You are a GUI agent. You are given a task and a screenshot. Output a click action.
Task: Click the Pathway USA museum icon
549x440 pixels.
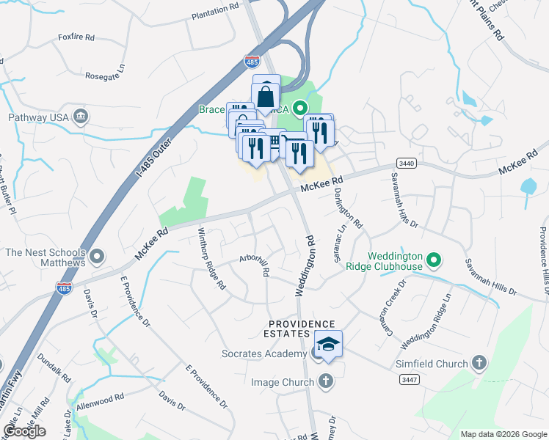81,117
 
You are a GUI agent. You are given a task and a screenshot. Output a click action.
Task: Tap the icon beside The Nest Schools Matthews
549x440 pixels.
97,258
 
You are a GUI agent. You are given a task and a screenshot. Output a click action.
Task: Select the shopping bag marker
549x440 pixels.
266,95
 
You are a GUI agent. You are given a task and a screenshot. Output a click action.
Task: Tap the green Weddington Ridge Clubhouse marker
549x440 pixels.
434,260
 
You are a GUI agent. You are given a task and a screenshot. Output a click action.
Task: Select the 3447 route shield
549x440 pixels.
410,379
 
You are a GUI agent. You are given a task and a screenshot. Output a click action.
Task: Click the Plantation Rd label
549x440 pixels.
216,15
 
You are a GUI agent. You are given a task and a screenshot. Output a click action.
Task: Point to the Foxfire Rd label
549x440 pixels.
76,37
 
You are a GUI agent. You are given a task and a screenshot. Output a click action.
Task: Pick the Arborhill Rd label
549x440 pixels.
255,265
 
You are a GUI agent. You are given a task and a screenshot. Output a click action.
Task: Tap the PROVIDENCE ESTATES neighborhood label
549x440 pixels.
302,329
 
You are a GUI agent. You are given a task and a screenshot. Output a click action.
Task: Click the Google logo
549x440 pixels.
25,431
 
